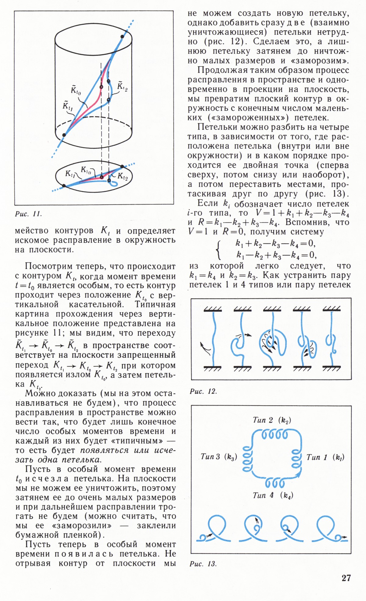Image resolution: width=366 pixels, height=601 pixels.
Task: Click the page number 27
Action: pyautogui.click(x=346, y=578)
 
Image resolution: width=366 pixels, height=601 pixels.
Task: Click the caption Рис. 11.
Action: pyautogui.click(x=28, y=214)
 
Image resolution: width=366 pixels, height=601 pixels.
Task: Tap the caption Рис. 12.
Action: pyautogui.click(x=203, y=391)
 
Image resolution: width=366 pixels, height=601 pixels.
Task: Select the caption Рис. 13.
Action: pyautogui.click(x=203, y=564)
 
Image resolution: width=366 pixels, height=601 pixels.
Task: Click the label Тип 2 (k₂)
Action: pyautogui.click(x=272, y=420)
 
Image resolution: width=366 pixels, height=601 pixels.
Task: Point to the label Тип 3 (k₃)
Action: pyautogui.click(x=219, y=457)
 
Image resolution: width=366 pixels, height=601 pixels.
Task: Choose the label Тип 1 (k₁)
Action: pyautogui.click(x=325, y=457)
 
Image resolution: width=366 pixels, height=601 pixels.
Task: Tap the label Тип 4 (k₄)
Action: pyautogui.click(x=273, y=495)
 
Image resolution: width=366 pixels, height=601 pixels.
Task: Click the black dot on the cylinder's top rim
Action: pyautogui.click(x=122, y=37)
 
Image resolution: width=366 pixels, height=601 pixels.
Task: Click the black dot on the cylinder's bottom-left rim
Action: pyautogui.click(x=64, y=135)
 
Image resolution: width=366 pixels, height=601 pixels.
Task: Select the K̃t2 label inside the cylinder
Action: pyautogui.click(x=122, y=86)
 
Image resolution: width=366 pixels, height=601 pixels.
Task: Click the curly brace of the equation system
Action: pyautogui.click(x=218, y=249)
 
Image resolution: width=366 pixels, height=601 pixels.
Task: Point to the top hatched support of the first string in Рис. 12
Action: pyautogui.click(x=213, y=309)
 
